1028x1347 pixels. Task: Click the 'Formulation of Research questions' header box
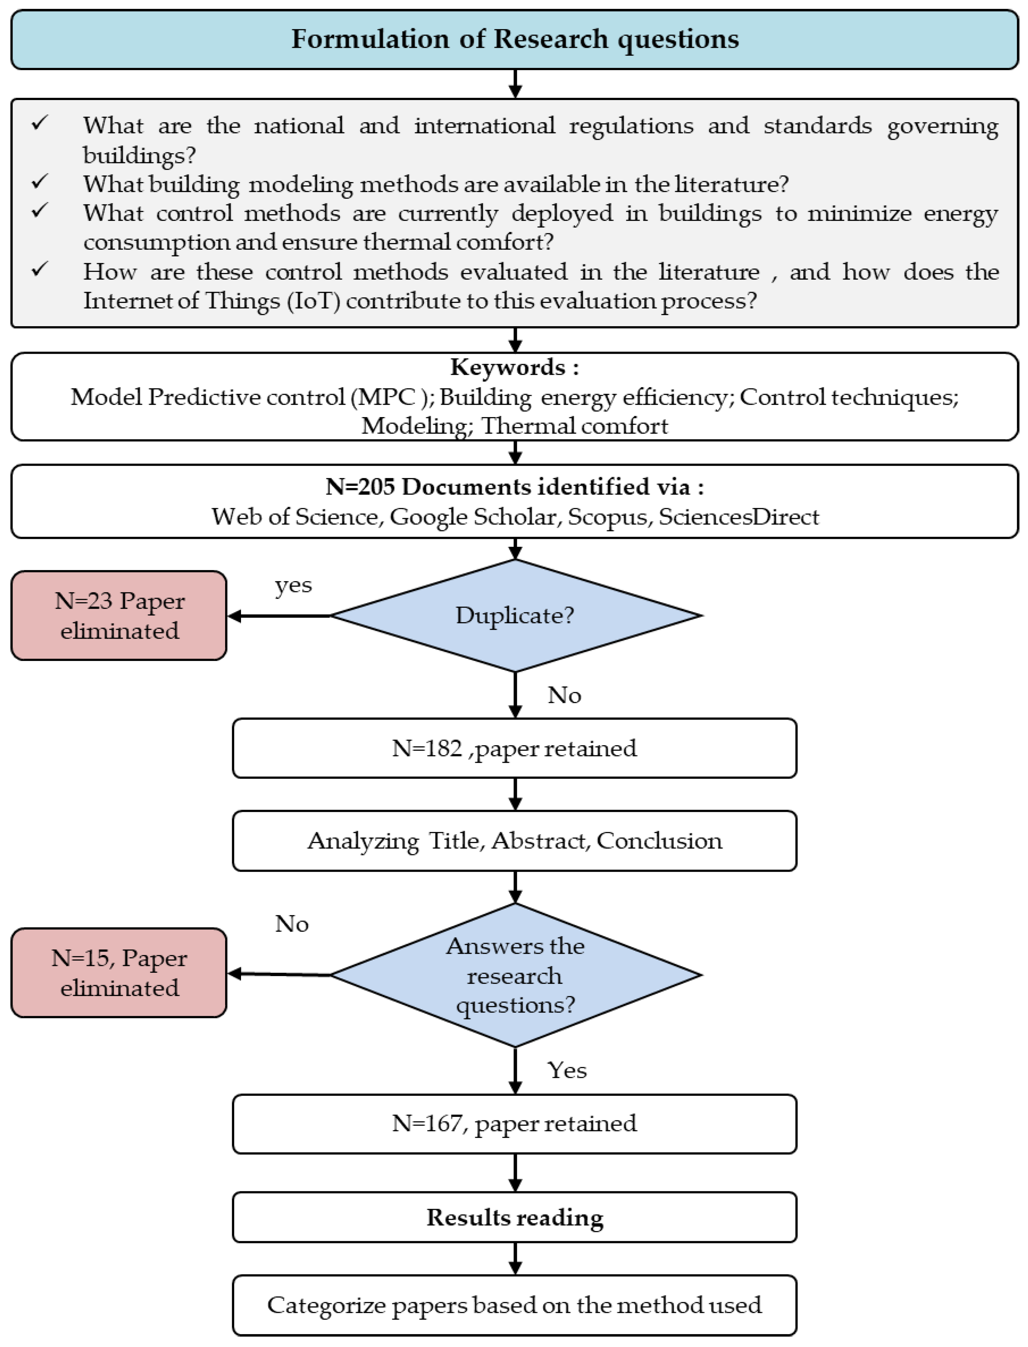(x=514, y=39)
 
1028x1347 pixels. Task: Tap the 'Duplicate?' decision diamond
(x=515, y=615)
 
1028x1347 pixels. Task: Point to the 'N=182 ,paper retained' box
(x=514, y=748)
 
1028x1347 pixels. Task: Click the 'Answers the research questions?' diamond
(x=515, y=975)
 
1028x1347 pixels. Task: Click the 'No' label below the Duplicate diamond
(x=564, y=695)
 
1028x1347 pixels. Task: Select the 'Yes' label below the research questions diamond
(x=567, y=1070)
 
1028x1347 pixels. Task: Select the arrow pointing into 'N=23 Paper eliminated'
(x=278, y=616)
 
